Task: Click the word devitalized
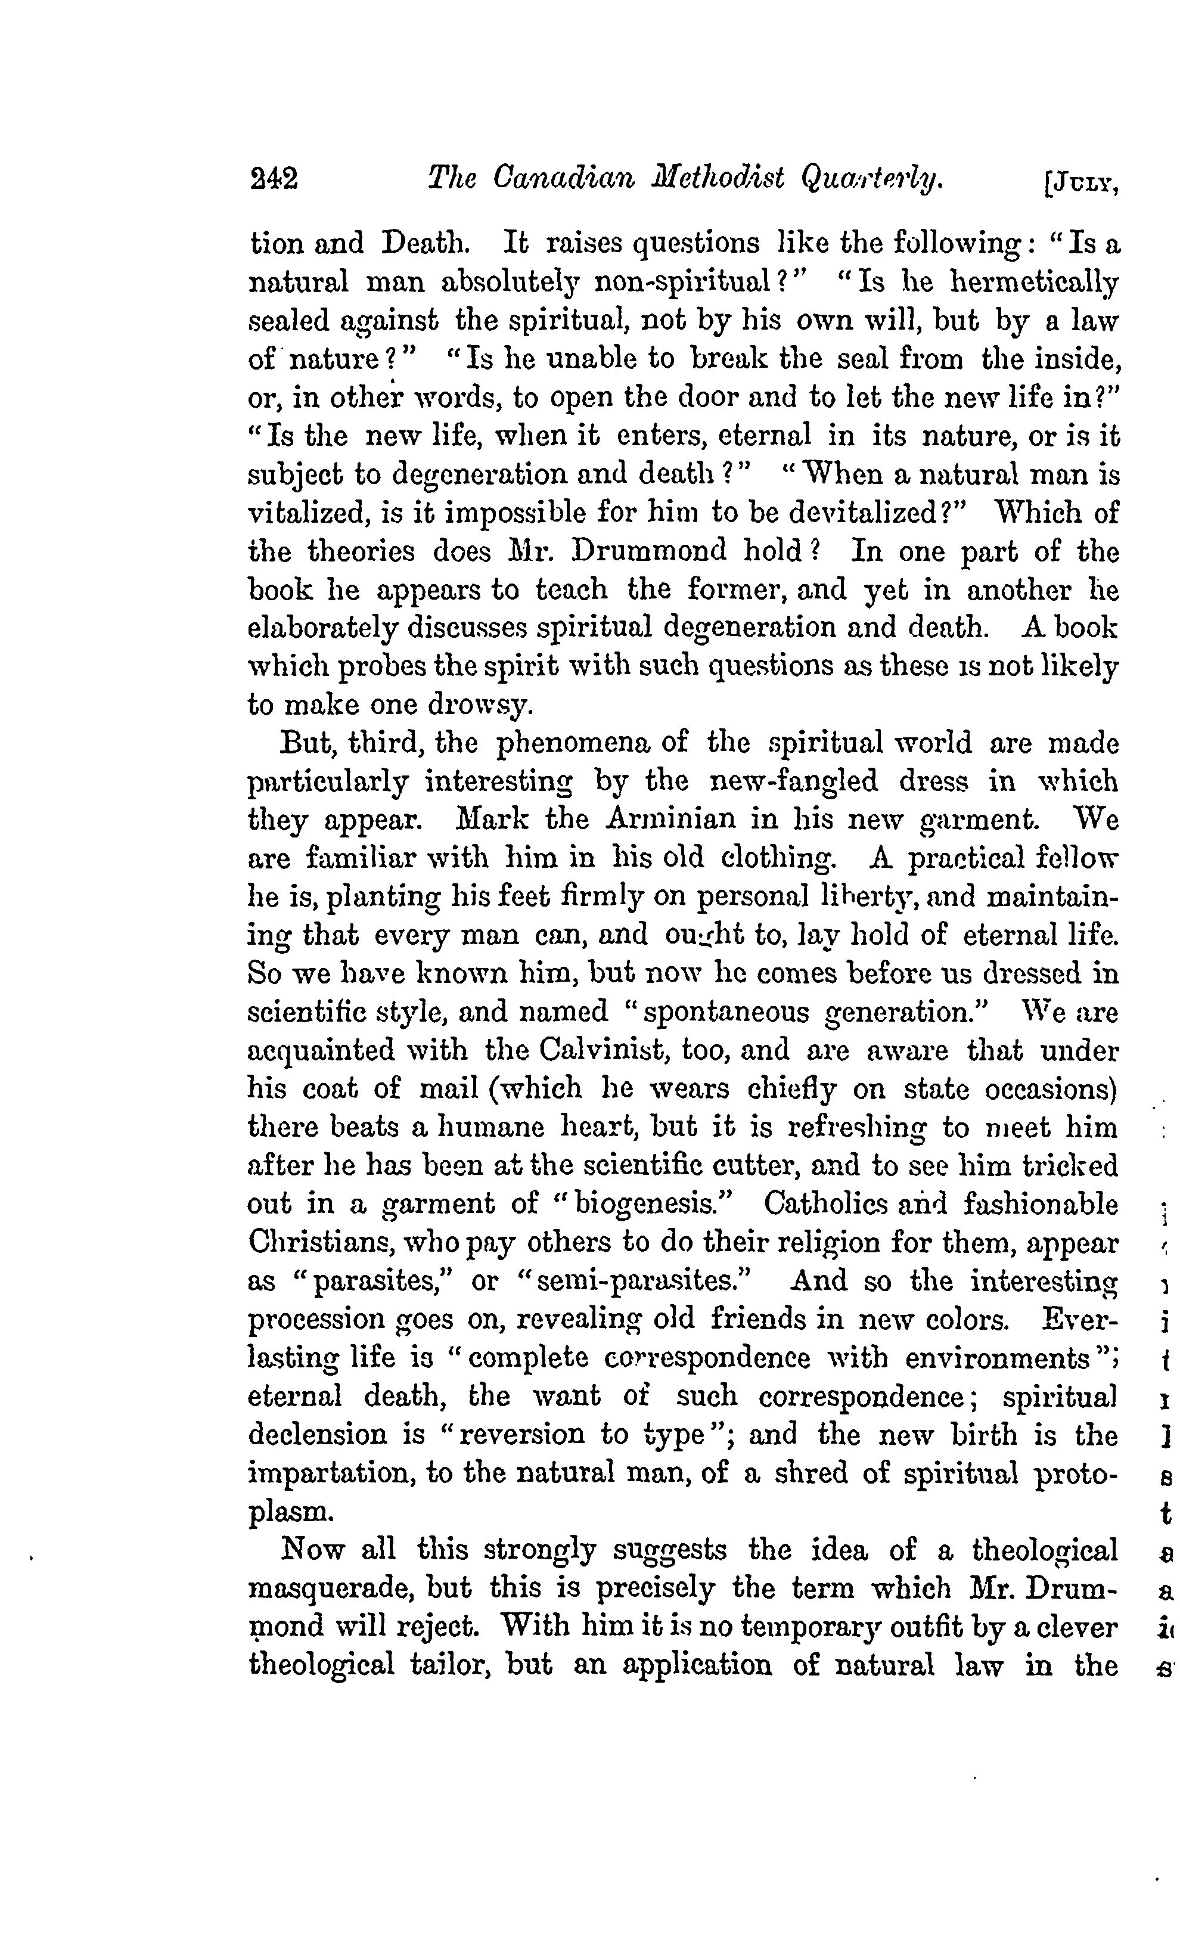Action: [x=871, y=513]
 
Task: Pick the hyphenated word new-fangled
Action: [x=793, y=781]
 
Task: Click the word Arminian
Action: [x=672, y=820]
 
